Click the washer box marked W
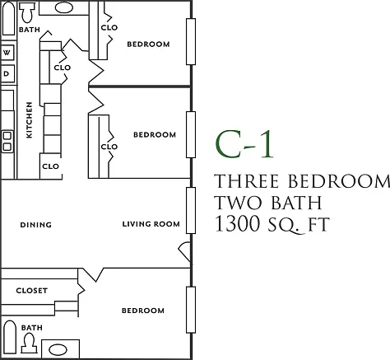coord(7,52)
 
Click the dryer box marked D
coord(7,73)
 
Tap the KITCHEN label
coord(29,120)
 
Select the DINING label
coord(36,225)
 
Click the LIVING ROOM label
coord(151,224)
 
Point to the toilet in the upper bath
coord(27,12)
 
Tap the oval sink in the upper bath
coord(64,7)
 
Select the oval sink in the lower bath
coord(58,350)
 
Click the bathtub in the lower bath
coord(9,337)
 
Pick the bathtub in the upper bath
coord(8,18)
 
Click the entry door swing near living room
coord(184,251)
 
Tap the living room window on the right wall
coord(191,210)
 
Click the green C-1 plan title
coord(244,144)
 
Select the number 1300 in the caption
coord(237,223)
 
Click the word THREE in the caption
coord(246,181)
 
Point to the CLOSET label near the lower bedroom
coord(32,291)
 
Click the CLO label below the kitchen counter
coord(51,166)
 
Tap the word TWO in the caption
coord(238,203)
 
